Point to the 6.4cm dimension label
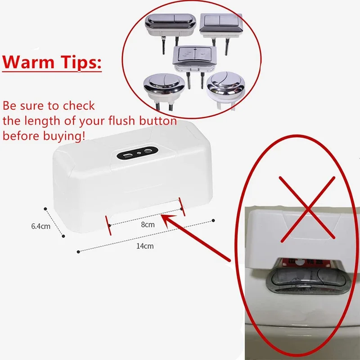(40, 226)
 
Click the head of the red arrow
(163, 217)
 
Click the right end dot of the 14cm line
(212, 220)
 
